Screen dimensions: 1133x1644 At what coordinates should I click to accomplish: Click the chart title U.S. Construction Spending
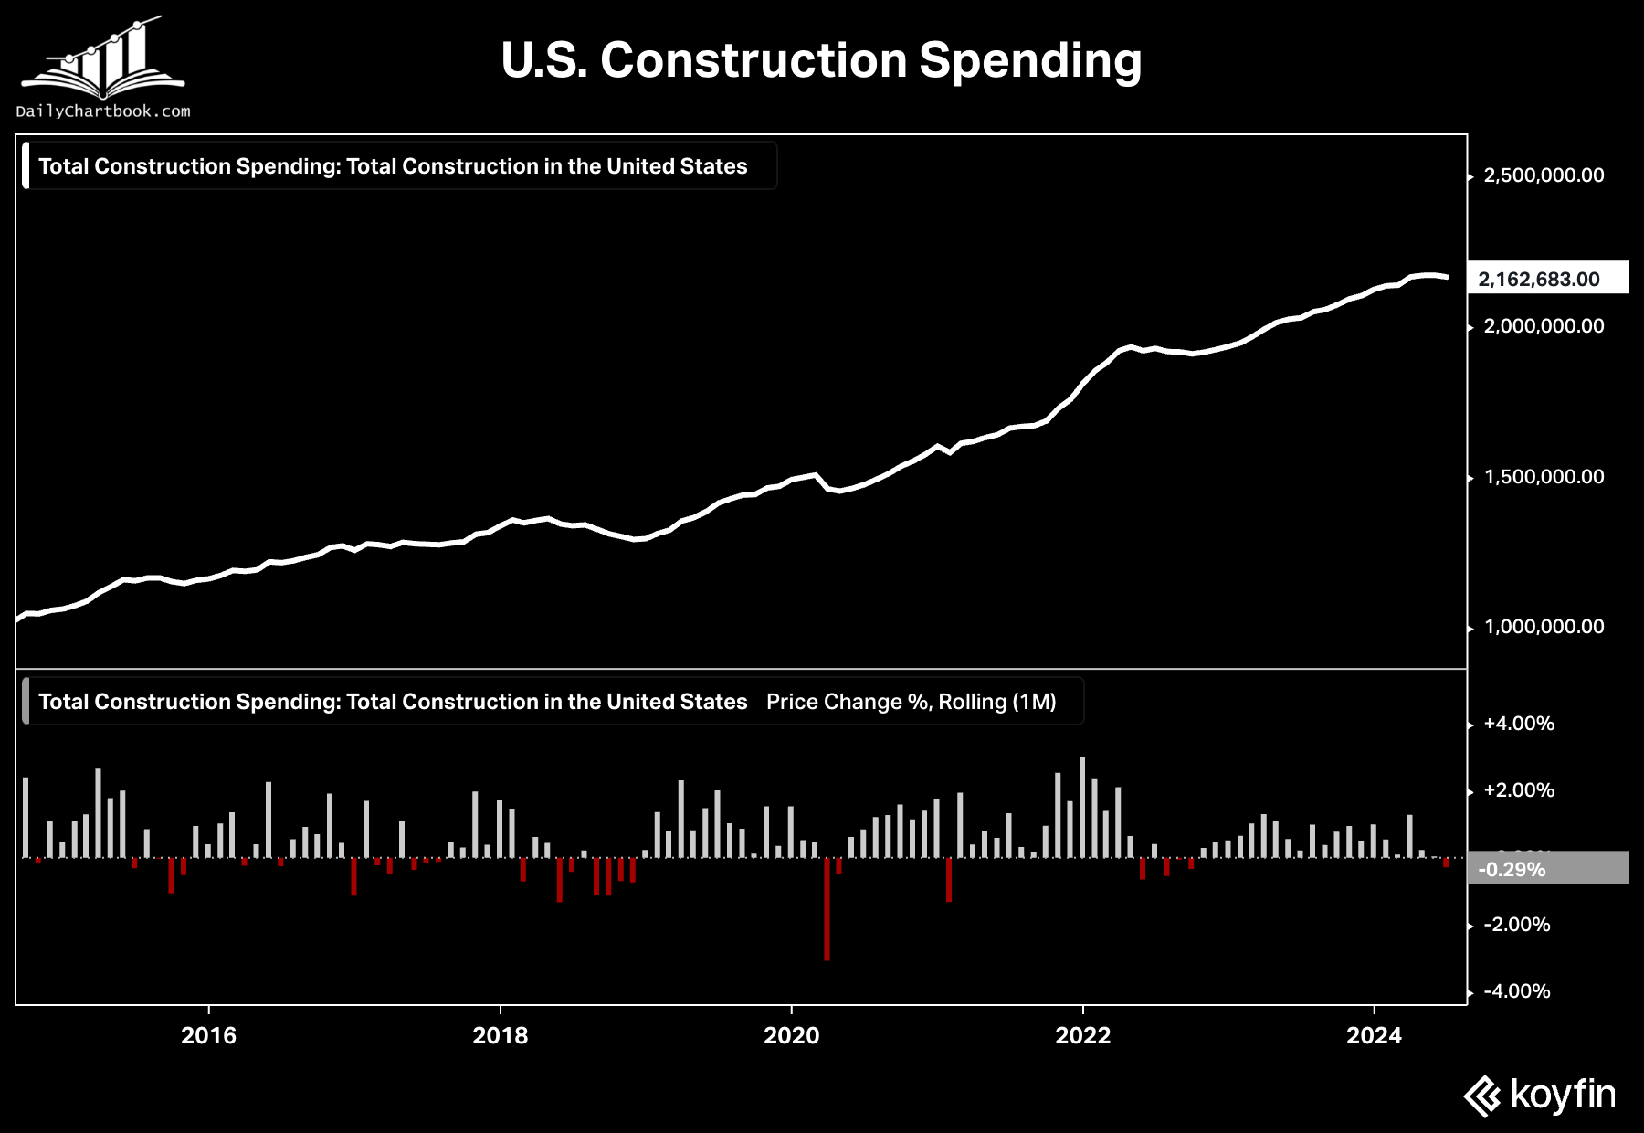(x=821, y=61)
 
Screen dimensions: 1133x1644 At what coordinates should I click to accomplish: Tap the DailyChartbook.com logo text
(x=103, y=111)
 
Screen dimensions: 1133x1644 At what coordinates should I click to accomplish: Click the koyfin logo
(x=1540, y=1095)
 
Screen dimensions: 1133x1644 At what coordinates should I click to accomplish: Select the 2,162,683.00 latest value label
(x=1539, y=279)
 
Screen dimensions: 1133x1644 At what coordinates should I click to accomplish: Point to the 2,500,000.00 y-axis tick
(x=1544, y=175)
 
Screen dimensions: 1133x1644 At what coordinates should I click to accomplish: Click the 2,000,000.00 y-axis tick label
(x=1544, y=326)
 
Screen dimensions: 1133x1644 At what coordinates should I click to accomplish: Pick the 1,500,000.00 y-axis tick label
(x=1544, y=477)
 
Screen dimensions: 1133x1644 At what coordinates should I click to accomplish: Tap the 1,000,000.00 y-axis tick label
(x=1544, y=627)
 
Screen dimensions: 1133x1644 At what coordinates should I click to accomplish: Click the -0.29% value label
(x=1512, y=869)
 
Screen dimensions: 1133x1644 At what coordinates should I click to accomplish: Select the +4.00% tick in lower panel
(x=1519, y=724)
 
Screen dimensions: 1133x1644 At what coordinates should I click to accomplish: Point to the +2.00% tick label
(x=1519, y=790)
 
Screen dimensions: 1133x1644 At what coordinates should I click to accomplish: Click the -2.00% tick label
(x=1517, y=925)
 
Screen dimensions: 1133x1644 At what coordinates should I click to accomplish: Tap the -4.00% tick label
(x=1517, y=991)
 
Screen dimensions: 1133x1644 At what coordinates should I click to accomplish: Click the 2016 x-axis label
(x=208, y=1035)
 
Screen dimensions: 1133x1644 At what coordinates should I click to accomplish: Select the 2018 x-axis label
(x=500, y=1035)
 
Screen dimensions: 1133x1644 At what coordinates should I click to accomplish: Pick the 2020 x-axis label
(x=791, y=1035)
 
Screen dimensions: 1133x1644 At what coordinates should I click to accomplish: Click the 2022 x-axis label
(x=1082, y=1035)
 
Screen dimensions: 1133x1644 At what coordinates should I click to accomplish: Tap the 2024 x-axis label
(x=1374, y=1035)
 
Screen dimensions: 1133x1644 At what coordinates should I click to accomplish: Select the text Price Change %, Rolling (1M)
(x=911, y=702)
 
